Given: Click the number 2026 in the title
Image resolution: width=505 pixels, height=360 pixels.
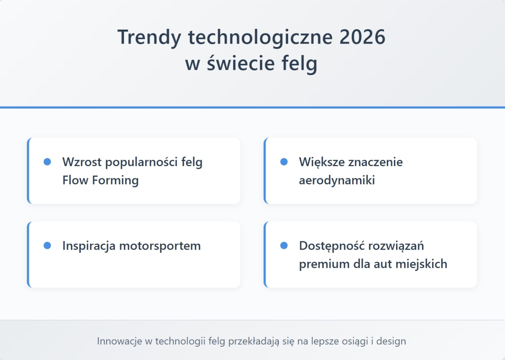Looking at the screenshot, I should (x=362, y=37).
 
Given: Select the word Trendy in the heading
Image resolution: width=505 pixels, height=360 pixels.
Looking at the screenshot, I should (x=149, y=37).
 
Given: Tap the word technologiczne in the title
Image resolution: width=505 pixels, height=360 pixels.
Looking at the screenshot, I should (x=260, y=37).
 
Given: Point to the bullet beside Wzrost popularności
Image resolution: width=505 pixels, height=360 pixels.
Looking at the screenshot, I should (x=47, y=162).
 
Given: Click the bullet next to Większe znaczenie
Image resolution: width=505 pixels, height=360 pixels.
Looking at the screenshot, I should (x=284, y=162).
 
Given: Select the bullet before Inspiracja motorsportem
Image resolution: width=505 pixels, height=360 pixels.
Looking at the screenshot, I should (x=47, y=246).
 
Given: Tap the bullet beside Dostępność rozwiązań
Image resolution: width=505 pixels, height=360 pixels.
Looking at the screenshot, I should (x=284, y=246).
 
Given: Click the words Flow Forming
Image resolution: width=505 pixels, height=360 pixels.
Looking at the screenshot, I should (x=101, y=180).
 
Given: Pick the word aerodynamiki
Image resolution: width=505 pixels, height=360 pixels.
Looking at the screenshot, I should (x=337, y=180).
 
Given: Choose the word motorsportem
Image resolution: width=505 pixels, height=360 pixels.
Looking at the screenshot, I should (x=160, y=246).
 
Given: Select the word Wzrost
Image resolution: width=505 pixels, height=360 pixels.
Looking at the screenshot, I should (x=82, y=162).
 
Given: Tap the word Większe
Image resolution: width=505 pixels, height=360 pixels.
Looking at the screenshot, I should (x=322, y=162).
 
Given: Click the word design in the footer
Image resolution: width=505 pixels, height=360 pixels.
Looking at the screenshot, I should (x=391, y=341).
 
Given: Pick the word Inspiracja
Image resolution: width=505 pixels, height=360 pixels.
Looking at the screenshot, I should (x=89, y=246).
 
